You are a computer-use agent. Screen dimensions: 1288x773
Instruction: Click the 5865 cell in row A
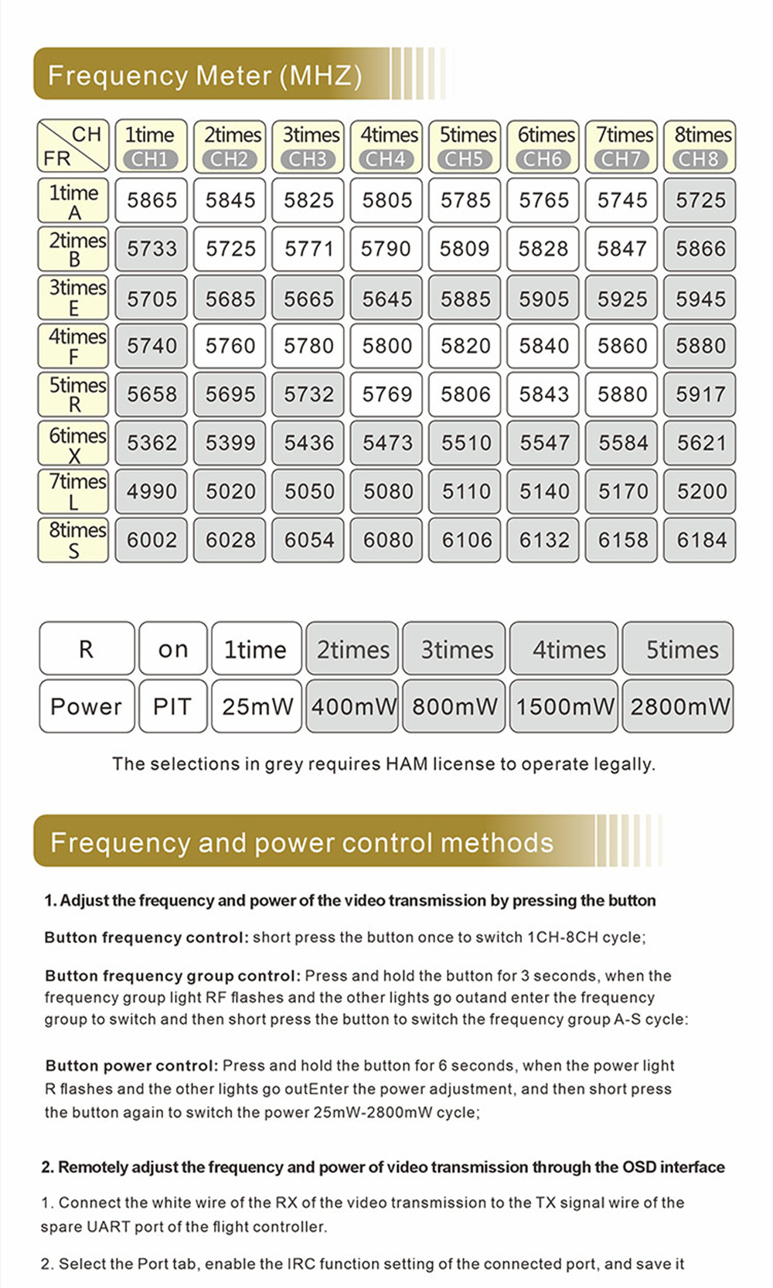pos(152,200)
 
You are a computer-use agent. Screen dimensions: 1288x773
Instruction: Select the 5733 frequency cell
pos(152,249)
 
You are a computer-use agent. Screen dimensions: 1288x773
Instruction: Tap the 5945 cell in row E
pos(700,299)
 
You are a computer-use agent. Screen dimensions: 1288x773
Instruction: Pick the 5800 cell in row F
pos(386,346)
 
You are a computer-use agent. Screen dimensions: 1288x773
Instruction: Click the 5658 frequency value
pos(152,395)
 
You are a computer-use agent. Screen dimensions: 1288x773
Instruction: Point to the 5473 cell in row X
pos(386,443)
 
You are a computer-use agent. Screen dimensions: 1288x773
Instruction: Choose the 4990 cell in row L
pos(152,491)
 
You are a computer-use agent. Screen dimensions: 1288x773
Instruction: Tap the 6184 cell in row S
pos(701,540)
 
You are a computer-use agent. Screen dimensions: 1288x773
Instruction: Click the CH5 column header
pos(465,146)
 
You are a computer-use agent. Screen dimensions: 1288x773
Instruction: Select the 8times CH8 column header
pos(700,146)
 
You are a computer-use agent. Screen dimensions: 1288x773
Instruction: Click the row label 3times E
pos(74,298)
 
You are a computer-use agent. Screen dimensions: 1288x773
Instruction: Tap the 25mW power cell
pos(257,706)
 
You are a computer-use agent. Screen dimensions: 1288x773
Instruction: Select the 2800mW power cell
pos(679,706)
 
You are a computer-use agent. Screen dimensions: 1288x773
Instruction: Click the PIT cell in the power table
pos(172,706)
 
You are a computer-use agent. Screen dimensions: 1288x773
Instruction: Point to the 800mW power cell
pos(455,706)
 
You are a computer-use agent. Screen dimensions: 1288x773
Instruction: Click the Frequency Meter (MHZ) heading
pos(205,75)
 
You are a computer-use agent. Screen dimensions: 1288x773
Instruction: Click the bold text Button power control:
pos(131,1066)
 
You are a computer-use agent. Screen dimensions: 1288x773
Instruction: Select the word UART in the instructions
pos(110,1227)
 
